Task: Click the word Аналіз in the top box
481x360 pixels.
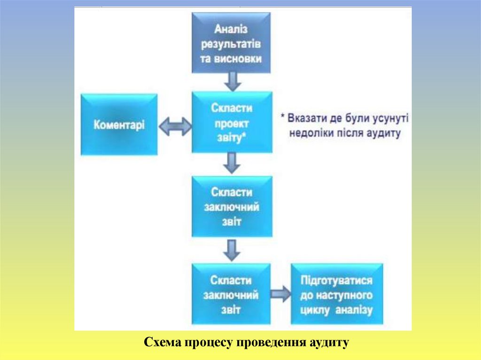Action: tap(232, 30)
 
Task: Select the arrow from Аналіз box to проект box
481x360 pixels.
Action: tap(232, 82)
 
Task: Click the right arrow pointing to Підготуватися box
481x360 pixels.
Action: tap(280, 294)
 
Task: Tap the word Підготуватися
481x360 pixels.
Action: tap(337, 281)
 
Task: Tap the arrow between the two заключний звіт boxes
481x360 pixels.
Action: tap(232, 250)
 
